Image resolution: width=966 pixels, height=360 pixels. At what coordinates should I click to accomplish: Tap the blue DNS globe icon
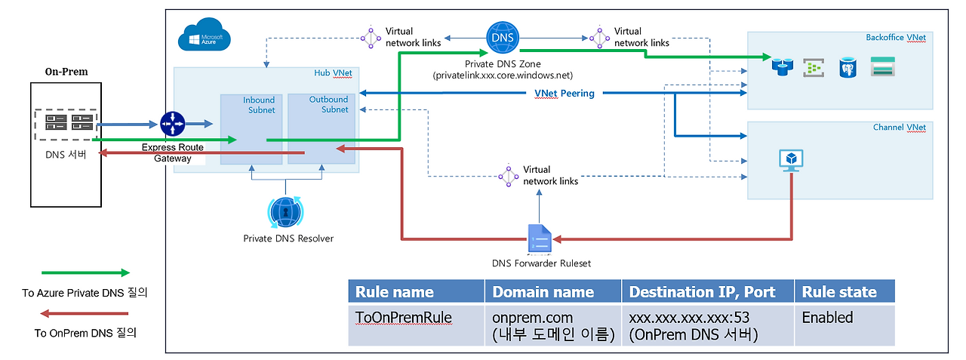pos(503,38)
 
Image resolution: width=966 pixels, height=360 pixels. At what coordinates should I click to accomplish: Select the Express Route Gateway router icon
pos(173,124)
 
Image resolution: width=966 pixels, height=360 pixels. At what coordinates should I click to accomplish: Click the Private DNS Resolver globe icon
pos(285,211)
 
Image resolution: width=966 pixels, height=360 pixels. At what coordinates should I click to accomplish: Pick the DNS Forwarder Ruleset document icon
pos(540,238)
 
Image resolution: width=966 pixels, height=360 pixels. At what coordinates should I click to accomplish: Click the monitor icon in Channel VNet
pos(792,161)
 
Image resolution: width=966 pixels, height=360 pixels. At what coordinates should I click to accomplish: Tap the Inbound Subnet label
pos(259,105)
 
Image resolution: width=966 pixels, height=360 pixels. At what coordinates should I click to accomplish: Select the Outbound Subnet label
pos(328,104)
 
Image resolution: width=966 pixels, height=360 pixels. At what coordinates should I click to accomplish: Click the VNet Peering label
pos(564,93)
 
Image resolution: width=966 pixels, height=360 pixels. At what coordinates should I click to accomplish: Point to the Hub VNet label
pos(333,73)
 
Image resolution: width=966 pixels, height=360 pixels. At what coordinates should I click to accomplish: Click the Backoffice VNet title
pos(896,38)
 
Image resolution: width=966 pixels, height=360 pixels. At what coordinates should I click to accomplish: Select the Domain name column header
pos(543,292)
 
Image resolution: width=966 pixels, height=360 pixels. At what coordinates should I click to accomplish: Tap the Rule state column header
pos(839,292)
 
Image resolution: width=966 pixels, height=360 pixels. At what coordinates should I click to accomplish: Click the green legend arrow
pos(85,272)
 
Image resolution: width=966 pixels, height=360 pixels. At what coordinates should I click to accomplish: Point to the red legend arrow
pos(84,313)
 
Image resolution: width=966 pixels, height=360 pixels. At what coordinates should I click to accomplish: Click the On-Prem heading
pos(66,72)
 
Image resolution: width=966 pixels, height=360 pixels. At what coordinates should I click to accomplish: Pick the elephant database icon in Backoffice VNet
pos(848,68)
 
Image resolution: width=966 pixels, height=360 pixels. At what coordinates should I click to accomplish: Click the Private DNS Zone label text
pos(503,64)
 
